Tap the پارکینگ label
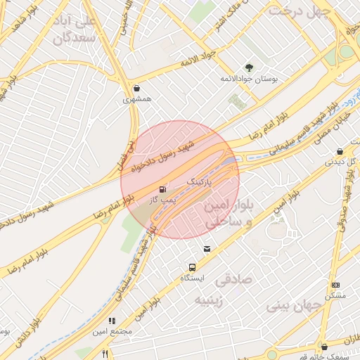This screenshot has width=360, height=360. [198, 182]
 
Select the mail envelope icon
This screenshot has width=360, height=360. [207, 249]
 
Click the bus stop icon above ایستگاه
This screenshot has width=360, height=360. [191, 267]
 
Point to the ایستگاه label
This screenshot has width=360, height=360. [192, 278]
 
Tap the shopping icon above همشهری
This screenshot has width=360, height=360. [136, 89]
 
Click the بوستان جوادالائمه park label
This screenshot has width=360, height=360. [249, 79]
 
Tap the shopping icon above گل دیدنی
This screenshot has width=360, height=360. [340, 151]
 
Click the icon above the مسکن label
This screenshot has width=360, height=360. [336, 285]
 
